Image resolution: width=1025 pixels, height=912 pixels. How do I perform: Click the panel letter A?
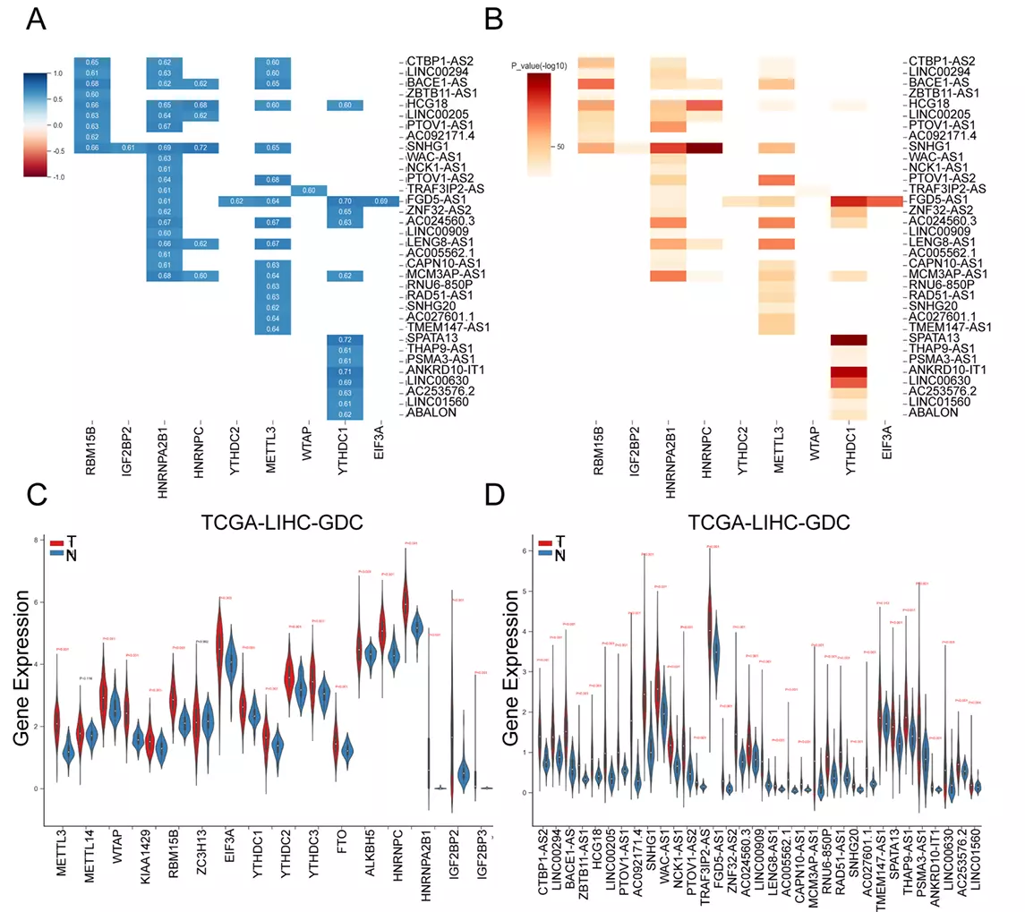(38, 19)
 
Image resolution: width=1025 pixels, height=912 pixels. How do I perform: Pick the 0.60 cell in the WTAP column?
(309, 190)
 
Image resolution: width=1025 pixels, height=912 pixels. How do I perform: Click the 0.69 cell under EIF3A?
(380, 201)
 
